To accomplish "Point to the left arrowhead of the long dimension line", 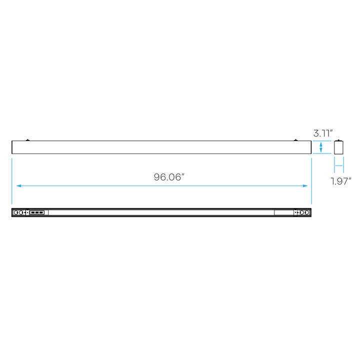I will click(x=17, y=185).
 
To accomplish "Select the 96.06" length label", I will click(x=168, y=176).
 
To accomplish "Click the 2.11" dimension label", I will click(x=322, y=133).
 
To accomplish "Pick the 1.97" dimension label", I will click(x=340, y=180).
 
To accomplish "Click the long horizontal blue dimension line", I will click(x=160, y=185).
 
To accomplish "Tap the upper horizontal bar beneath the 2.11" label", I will click(x=322, y=141).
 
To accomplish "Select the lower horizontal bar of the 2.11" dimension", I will click(x=322, y=153).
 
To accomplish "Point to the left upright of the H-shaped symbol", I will click(x=334, y=164).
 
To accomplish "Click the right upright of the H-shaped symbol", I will click(x=344, y=164).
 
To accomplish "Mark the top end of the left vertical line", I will click(x=11, y=158).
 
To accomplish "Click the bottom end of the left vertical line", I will click(x=11, y=204).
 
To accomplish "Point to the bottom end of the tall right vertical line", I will click(x=311, y=204).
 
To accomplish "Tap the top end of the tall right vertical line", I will click(x=311, y=158).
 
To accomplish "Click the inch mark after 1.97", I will click(x=350, y=178).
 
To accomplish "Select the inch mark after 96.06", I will click(x=183, y=174).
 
